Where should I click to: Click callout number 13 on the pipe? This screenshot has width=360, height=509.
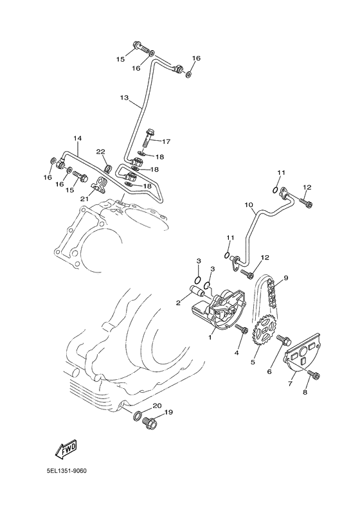click(125, 98)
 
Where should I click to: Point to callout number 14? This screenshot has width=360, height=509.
click(77, 138)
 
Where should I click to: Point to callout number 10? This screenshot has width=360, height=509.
click(248, 206)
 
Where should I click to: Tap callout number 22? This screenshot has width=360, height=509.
click(100, 152)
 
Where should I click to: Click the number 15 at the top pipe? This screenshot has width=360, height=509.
click(120, 59)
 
